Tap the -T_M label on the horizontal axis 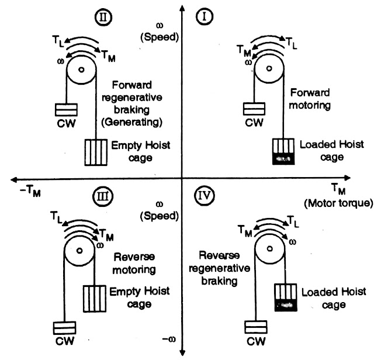tap(26, 190)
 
